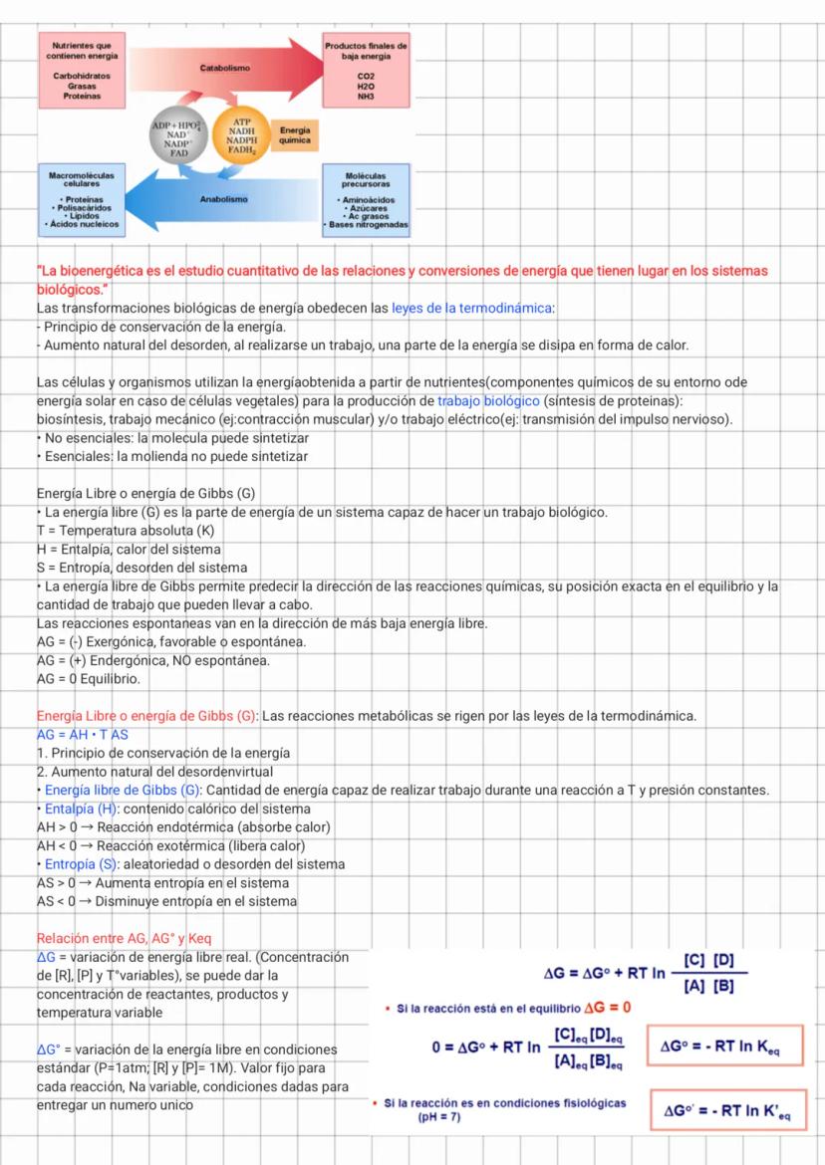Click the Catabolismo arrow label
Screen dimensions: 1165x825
click(x=224, y=69)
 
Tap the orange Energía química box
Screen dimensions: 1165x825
click(x=295, y=135)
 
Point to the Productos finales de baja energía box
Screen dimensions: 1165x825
click(x=366, y=69)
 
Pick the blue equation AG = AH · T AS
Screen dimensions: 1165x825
click(x=87, y=733)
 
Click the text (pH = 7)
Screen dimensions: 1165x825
click(x=438, y=1117)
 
